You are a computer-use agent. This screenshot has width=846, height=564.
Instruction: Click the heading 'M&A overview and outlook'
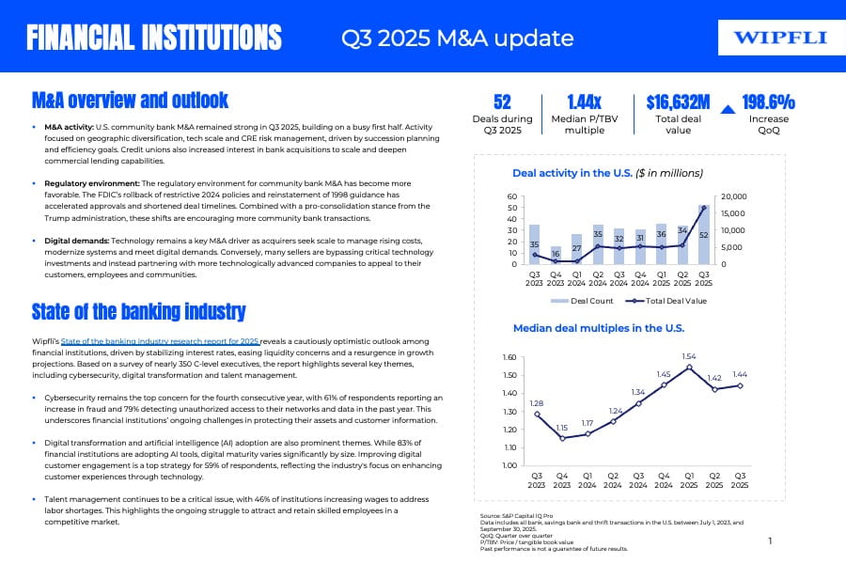coord(130,100)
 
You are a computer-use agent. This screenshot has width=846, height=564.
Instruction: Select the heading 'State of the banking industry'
coord(139,312)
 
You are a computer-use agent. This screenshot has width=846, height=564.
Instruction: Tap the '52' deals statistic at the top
coord(502,102)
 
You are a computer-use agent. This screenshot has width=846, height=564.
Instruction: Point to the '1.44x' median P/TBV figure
coord(584,102)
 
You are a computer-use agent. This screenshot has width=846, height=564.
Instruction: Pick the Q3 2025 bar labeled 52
coord(703,234)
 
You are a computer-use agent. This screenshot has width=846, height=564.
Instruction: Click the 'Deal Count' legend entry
coord(584,301)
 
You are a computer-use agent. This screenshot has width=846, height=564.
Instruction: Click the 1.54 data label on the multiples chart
coord(688,356)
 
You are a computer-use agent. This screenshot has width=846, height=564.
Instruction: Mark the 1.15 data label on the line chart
coord(562,428)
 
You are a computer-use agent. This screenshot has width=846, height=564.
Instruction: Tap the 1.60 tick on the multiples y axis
coord(509,358)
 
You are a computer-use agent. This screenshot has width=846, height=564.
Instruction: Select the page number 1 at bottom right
coord(770,540)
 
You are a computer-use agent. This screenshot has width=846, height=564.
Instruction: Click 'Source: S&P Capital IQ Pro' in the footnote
coord(514,516)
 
